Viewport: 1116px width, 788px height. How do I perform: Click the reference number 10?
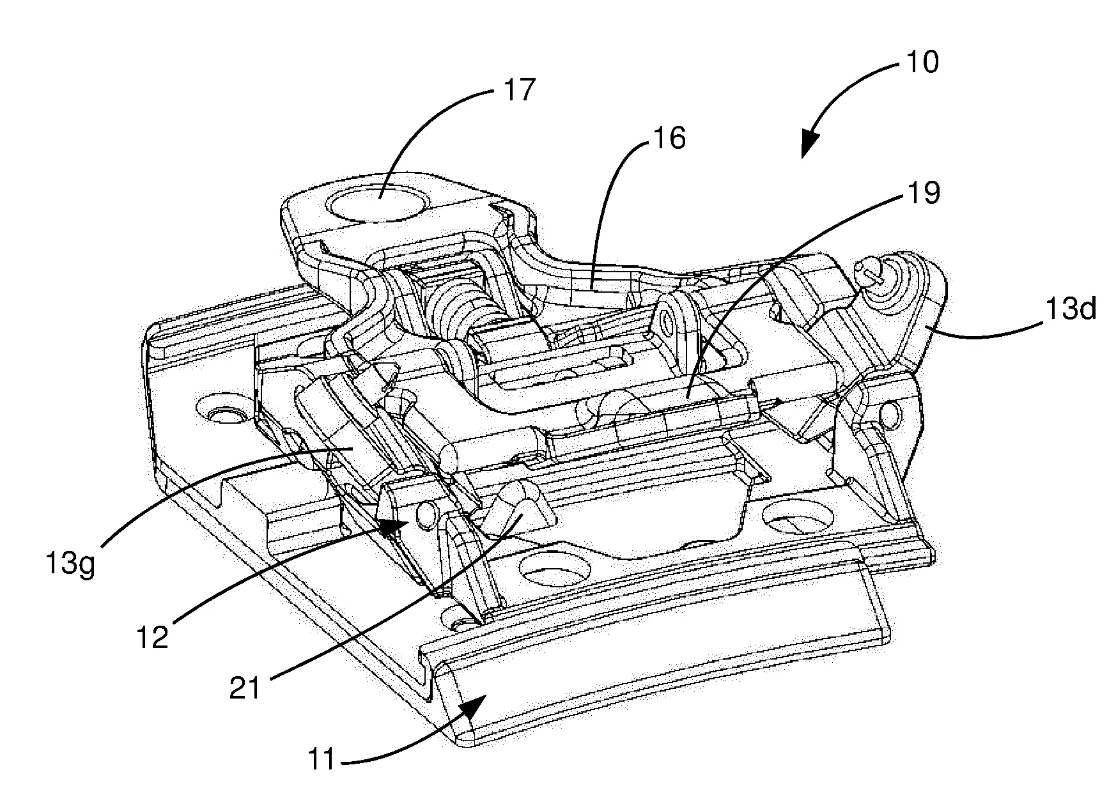coord(921,63)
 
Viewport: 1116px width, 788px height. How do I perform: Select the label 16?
coord(669,137)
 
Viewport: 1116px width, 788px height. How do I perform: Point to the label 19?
coord(923,192)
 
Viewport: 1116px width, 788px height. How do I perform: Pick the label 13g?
coord(70,564)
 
